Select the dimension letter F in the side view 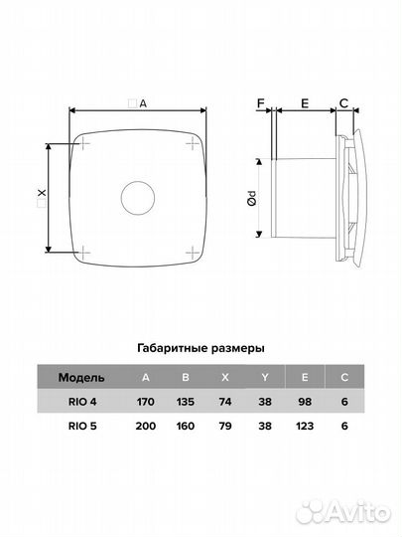[x=261, y=102]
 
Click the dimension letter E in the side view [x=305, y=102]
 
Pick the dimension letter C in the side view [x=343, y=102]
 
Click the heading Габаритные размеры [x=201, y=349]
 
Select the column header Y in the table [x=264, y=378]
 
